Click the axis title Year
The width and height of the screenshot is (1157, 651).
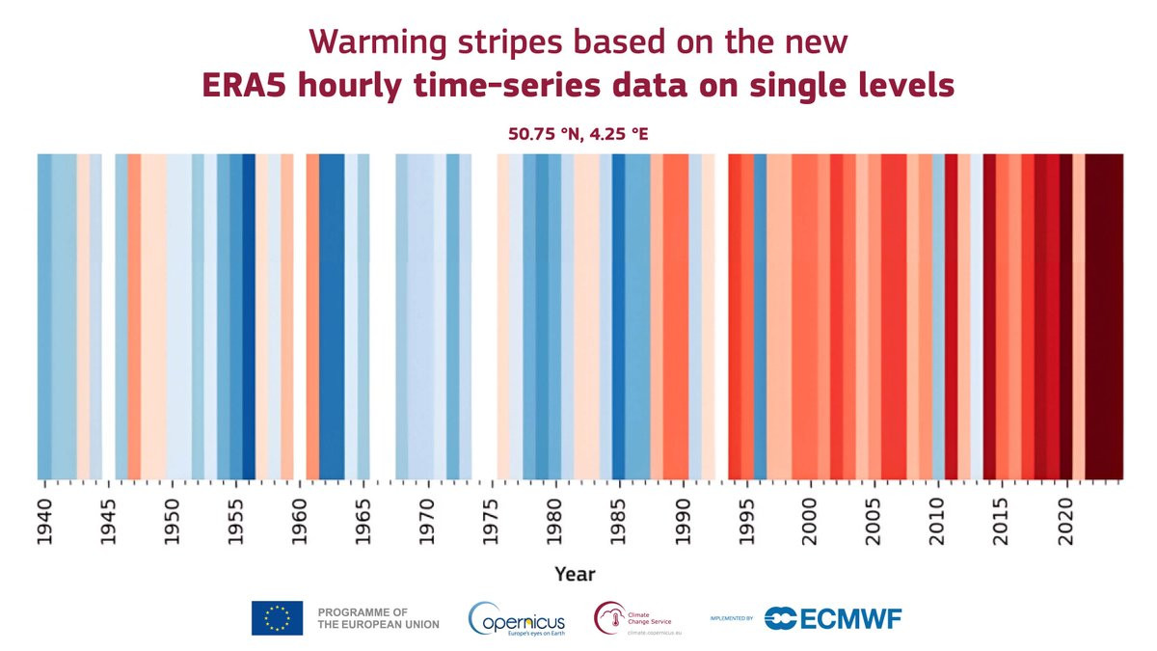click(575, 574)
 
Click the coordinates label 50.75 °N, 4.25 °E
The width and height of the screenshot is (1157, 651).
click(578, 133)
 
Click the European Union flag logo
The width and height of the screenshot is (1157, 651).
click(277, 617)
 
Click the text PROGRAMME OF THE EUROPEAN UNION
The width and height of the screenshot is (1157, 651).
click(378, 618)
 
